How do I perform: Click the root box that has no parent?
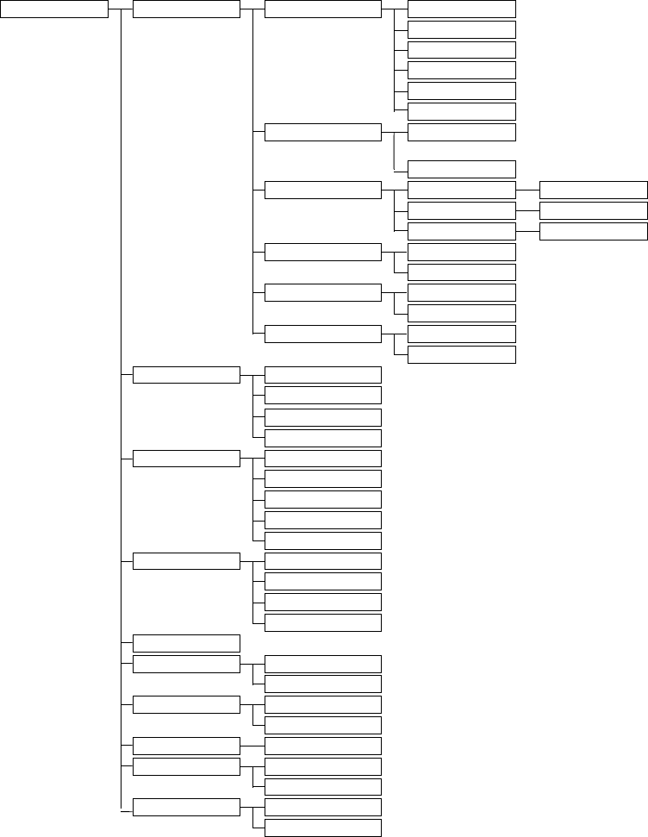click(x=54, y=9)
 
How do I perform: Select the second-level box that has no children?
click(x=187, y=642)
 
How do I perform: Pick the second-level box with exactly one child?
click(x=187, y=746)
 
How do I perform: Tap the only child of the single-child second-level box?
click(x=322, y=746)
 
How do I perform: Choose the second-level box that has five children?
click(x=187, y=458)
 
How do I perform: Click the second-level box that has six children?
click(x=187, y=9)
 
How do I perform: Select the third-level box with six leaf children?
click(x=322, y=9)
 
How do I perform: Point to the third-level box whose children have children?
click(x=322, y=190)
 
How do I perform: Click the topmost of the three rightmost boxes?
click(x=593, y=190)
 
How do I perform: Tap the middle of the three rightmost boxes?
click(x=593, y=210)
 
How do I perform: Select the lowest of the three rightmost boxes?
click(x=593, y=231)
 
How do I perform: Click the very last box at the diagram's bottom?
click(x=322, y=828)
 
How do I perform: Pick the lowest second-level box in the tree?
click(x=187, y=807)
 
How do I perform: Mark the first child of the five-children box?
click(x=322, y=458)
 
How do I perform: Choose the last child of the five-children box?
click(x=322, y=540)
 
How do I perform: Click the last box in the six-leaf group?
click(x=461, y=111)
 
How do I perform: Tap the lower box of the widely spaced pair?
click(x=461, y=169)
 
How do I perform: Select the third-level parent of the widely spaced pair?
click(x=322, y=132)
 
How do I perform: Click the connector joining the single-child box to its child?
click(x=252, y=746)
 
